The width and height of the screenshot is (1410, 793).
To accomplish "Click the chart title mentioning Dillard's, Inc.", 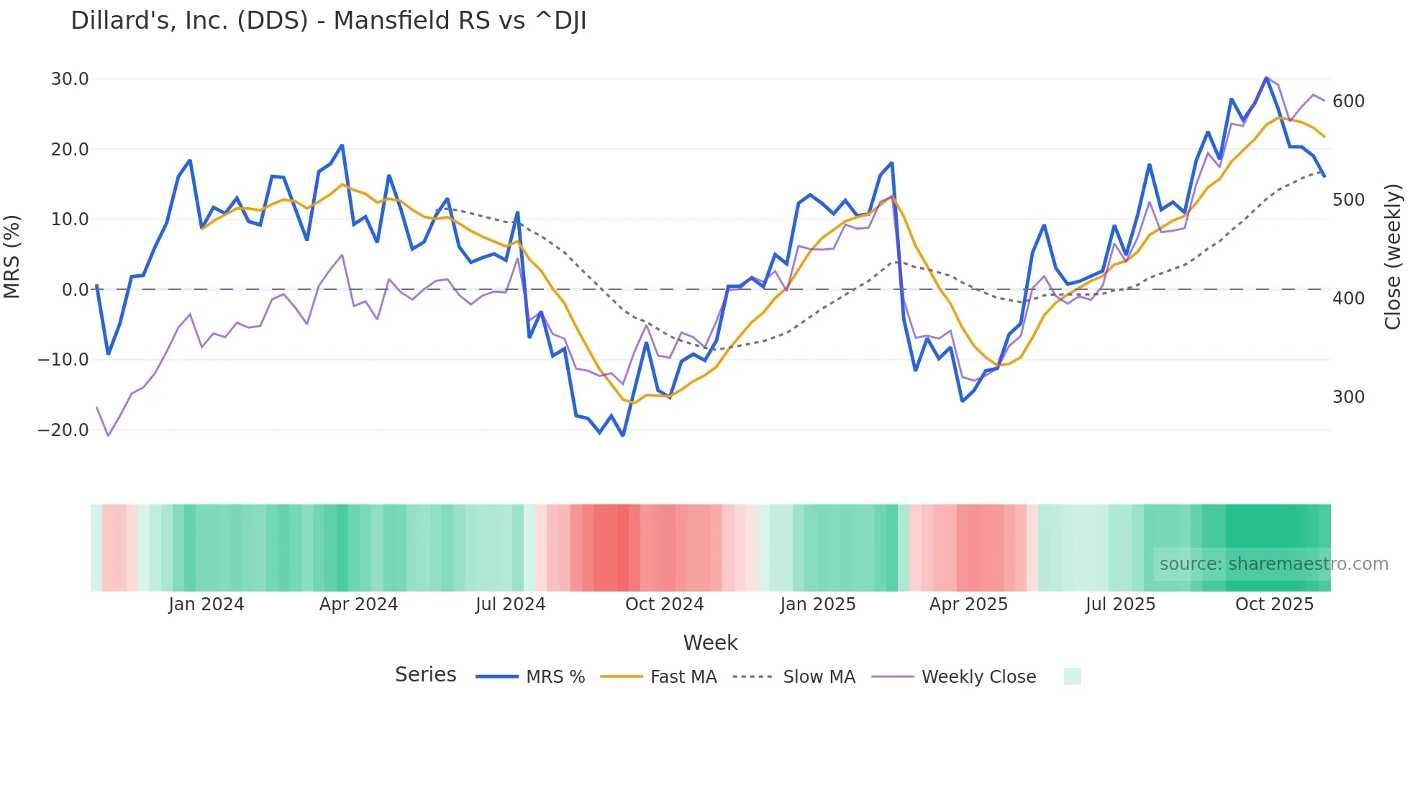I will (x=328, y=21).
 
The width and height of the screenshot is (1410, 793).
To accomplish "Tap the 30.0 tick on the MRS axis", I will (x=69, y=79).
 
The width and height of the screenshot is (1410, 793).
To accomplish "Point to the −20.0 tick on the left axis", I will (x=63, y=430).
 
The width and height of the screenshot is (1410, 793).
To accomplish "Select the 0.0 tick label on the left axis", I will (x=75, y=290).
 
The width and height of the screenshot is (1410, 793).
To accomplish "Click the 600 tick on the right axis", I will (x=1348, y=101).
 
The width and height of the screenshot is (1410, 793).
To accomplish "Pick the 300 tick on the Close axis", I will (x=1348, y=397).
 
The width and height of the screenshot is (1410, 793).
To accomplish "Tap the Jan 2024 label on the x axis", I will (x=206, y=604).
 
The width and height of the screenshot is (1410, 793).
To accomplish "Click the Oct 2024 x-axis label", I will (x=664, y=604).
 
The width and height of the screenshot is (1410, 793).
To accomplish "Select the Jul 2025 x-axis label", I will (x=1120, y=604).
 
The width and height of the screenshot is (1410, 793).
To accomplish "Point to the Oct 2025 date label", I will (x=1274, y=604).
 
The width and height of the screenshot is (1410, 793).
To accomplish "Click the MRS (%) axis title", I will (x=12, y=256).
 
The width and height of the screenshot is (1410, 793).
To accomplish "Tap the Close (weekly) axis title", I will (x=1393, y=256).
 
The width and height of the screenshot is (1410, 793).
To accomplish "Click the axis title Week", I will (x=710, y=643).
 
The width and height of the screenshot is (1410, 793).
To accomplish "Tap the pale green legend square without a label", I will (x=1072, y=676).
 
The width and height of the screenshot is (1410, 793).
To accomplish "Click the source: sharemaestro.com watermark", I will (x=1273, y=564).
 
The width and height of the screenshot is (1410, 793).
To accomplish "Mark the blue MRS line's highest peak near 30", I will (x=1266, y=78).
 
